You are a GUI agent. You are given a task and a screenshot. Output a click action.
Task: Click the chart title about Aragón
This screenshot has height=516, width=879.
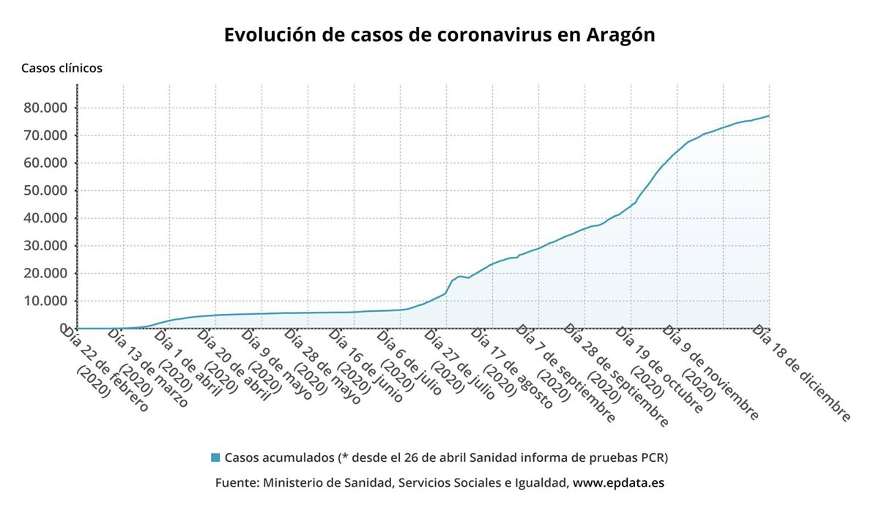tap(439, 35)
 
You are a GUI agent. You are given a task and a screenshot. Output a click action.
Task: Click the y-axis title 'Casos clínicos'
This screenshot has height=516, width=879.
tap(62, 68)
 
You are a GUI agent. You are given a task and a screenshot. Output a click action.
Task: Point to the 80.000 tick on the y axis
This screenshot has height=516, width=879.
tap(46, 108)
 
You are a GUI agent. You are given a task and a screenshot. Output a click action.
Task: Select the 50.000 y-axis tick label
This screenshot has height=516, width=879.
tap(46, 191)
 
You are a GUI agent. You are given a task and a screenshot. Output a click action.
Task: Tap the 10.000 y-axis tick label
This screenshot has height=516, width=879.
tap(46, 301)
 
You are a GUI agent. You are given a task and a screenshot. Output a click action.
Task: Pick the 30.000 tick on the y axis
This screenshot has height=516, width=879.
tap(46, 246)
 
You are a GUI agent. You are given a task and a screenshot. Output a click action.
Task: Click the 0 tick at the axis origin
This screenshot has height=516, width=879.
tap(64, 329)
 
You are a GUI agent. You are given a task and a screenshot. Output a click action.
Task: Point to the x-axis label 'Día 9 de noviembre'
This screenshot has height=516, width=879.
tap(710, 373)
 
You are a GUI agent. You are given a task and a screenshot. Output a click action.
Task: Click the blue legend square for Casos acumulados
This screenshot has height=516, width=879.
tap(215, 458)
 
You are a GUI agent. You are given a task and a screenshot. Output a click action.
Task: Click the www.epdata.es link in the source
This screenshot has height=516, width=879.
tap(618, 483)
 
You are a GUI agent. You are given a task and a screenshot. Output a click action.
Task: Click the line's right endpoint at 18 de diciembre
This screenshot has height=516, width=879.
tap(769, 116)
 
